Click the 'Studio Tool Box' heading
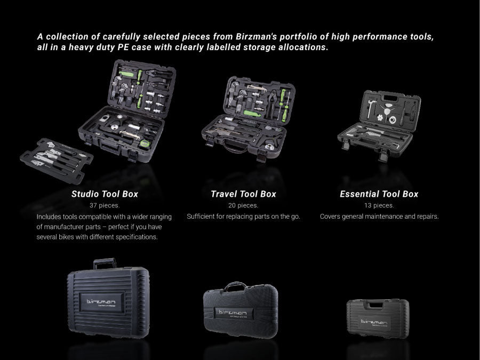point(105,194)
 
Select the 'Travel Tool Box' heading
point(243,194)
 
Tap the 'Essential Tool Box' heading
point(379,194)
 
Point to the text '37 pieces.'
point(105,205)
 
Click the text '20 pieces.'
point(243,205)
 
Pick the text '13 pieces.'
point(379,205)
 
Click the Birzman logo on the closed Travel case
point(233,313)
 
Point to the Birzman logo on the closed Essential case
point(374,322)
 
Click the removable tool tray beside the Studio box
point(57,161)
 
